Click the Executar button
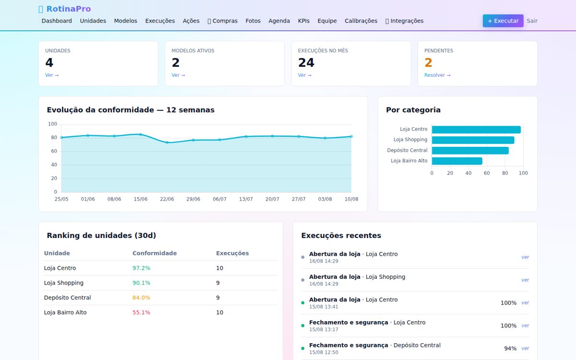click(x=503, y=21)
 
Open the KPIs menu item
click(x=304, y=21)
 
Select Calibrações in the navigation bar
click(x=361, y=21)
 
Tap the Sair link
click(x=532, y=21)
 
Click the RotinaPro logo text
click(x=68, y=9)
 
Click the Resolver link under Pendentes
click(x=437, y=75)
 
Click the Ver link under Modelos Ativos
click(x=178, y=75)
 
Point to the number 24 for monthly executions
click(x=306, y=62)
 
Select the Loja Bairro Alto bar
click(x=457, y=161)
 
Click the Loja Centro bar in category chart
click(x=476, y=130)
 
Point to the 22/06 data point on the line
click(x=167, y=142)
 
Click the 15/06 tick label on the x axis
click(x=140, y=199)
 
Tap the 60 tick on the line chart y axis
click(x=54, y=151)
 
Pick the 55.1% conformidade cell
click(x=141, y=312)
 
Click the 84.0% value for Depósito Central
click(x=141, y=298)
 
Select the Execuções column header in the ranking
click(x=232, y=253)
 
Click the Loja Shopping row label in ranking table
click(x=64, y=283)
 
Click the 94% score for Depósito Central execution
click(x=510, y=348)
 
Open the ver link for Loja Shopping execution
click(x=525, y=280)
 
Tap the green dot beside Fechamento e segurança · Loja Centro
click(x=303, y=325)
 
